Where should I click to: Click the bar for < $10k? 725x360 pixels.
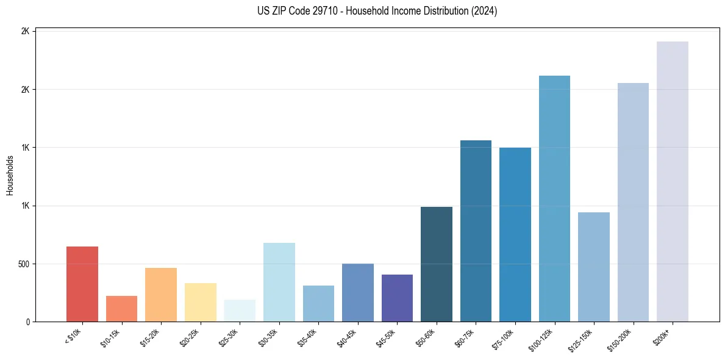(x=82, y=284)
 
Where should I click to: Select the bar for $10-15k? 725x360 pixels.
(x=121, y=309)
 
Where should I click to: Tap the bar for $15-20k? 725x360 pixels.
(x=161, y=295)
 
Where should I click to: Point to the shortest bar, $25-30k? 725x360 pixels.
(x=240, y=311)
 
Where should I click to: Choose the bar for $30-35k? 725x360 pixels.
(x=279, y=283)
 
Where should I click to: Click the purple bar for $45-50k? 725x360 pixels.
(x=397, y=298)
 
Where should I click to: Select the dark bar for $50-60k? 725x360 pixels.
(x=437, y=264)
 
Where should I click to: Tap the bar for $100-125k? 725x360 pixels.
(x=554, y=199)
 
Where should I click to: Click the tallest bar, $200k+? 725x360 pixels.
(x=673, y=182)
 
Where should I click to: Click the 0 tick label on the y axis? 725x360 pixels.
(x=28, y=322)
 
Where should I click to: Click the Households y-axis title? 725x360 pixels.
(x=10, y=176)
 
